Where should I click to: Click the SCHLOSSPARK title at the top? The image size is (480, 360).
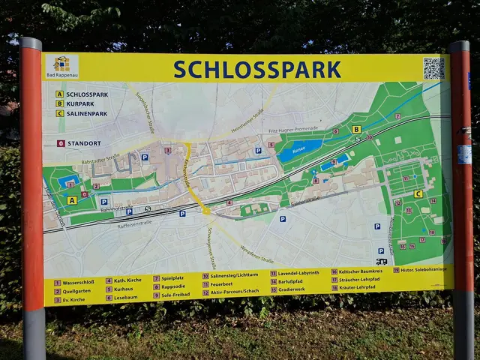[257, 69]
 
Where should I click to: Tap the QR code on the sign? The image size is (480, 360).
[433, 68]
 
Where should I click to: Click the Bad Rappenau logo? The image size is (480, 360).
[61, 67]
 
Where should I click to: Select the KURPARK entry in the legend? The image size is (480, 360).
[82, 103]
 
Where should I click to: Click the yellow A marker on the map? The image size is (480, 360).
[72, 200]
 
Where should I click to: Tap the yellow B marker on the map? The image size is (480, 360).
[356, 129]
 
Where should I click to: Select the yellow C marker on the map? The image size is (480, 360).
[418, 193]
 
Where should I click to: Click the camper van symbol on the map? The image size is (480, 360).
[382, 261]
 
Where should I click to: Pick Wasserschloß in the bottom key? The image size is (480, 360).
[79, 283]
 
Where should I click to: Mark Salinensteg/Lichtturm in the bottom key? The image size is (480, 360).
[230, 276]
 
